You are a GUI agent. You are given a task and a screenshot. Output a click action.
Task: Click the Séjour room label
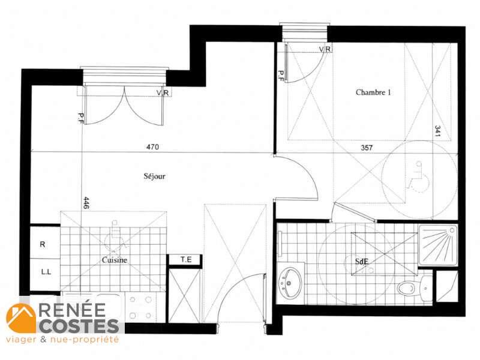(155, 176)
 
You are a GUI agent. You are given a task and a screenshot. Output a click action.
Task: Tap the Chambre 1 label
(373, 92)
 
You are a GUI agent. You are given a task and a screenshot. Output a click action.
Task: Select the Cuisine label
(114, 260)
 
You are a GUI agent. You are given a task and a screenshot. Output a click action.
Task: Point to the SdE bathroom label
(362, 262)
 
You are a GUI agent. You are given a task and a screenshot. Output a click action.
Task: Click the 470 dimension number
(152, 147)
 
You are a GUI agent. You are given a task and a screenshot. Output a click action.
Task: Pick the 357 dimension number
(367, 148)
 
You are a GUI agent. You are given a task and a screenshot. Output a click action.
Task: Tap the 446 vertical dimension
(86, 203)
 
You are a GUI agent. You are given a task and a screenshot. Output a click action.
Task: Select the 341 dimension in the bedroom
(437, 131)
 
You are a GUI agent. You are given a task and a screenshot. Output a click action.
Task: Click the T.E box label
(186, 260)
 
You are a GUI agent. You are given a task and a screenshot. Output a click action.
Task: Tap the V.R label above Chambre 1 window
(325, 49)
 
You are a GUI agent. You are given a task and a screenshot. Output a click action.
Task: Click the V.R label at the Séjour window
(163, 92)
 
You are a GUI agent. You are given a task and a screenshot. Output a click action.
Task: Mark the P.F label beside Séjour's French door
(81, 119)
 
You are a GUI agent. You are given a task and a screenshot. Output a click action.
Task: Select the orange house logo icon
(21, 318)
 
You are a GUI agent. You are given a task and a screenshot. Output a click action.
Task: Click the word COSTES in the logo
(79, 326)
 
